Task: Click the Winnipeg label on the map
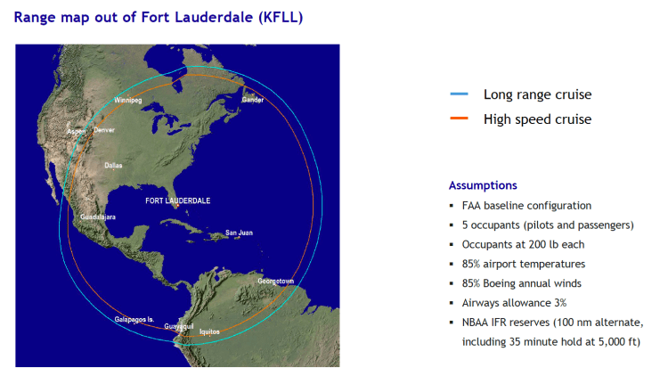(x=128, y=101)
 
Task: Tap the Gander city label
(x=253, y=100)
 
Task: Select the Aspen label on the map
(x=77, y=131)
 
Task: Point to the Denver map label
(x=104, y=130)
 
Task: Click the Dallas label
(x=113, y=166)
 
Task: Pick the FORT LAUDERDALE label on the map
(x=177, y=201)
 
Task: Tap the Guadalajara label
(x=98, y=217)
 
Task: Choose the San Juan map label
(x=239, y=233)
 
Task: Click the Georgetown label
(x=276, y=281)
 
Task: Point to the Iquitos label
(x=209, y=331)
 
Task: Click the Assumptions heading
(x=483, y=185)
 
